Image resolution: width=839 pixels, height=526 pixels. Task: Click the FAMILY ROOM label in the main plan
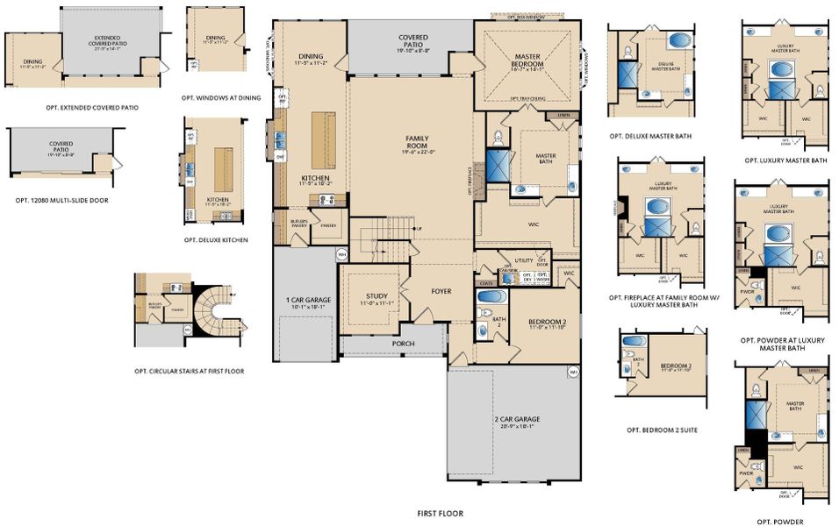click(417, 142)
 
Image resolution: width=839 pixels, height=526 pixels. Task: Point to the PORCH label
click(403, 343)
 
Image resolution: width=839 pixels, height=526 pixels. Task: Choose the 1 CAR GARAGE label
click(305, 302)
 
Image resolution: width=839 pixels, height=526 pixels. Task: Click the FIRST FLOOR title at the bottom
click(440, 514)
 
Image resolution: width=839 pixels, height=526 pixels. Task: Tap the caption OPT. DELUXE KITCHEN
click(216, 239)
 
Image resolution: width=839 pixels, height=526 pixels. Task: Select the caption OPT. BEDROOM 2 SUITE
click(664, 430)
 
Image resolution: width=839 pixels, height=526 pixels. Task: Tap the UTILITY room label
click(524, 260)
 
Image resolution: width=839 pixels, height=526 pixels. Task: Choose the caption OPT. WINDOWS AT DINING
click(220, 97)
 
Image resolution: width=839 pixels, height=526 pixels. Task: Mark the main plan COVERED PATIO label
click(412, 41)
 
